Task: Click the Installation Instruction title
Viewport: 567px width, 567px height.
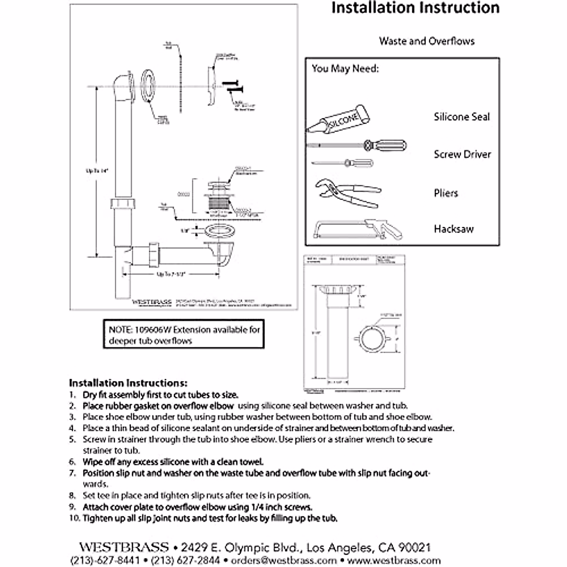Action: (x=415, y=8)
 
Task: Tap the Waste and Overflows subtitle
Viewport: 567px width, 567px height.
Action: (x=426, y=41)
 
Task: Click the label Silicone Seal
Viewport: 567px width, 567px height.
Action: (x=462, y=117)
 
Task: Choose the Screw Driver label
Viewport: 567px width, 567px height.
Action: (x=462, y=155)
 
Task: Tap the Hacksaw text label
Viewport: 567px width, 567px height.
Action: (x=454, y=229)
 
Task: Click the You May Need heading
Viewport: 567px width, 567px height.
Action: (x=345, y=69)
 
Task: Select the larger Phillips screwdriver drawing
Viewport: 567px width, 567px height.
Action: (x=357, y=145)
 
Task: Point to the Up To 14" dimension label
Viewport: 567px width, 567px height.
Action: (x=97, y=172)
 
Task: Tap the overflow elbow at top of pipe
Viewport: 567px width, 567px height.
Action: (x=124, y=85)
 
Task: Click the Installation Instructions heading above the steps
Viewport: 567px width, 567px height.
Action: (x=128, y=383)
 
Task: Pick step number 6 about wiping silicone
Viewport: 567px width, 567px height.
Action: (x=172, y=462)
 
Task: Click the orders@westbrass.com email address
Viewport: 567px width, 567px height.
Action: (x=284, y=560)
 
